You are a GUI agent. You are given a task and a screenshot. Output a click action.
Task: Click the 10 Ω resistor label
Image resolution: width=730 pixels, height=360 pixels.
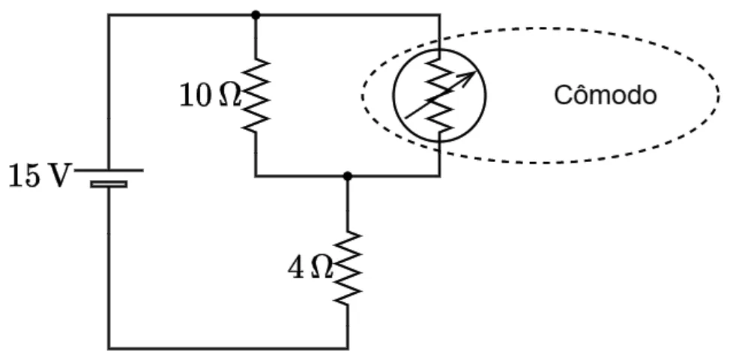coord(211,97)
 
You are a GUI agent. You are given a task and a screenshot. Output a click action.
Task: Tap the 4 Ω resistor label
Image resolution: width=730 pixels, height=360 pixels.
coord(310,268)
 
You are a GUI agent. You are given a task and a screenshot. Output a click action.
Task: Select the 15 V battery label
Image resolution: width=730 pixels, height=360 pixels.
coord(39,176)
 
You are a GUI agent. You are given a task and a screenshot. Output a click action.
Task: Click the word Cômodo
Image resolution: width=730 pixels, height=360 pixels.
coord(606,95)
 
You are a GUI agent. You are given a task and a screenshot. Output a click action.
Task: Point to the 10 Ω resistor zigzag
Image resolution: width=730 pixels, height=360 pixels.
coord(256,95)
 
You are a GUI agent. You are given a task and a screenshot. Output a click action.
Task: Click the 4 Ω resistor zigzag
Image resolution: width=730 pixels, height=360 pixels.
coord(347,267)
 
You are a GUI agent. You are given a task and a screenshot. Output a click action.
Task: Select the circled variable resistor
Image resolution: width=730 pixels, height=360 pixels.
coord(439,95)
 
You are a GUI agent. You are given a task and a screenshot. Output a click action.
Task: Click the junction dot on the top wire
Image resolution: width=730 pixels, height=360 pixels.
coord(256,15)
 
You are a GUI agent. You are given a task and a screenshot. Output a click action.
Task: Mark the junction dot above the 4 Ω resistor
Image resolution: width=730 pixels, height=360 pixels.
coord(347,176)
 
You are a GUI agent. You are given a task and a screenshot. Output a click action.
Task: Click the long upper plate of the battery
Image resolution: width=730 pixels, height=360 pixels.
coord(109,170)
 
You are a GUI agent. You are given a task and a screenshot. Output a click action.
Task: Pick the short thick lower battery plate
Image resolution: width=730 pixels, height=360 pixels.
coord(109,184)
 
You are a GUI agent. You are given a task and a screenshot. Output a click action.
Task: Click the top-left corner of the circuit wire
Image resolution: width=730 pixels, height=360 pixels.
coord(109,15)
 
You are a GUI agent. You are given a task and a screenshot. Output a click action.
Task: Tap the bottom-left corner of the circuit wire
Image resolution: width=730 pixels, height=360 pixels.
coord(109,348)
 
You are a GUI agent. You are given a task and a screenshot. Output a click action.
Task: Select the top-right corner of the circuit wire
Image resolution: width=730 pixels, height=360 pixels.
coord(439,15)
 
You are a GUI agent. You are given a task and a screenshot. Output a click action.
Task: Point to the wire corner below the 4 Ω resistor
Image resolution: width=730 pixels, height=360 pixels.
coord(347,348)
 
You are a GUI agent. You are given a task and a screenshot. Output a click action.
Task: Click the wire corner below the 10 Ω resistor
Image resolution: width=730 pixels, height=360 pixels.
coord(256,176)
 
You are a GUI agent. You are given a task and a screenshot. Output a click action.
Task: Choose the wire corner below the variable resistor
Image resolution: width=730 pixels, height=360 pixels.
coord(439,176)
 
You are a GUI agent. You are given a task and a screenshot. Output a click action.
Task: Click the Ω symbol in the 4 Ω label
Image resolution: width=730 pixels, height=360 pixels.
coord(322,268)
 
